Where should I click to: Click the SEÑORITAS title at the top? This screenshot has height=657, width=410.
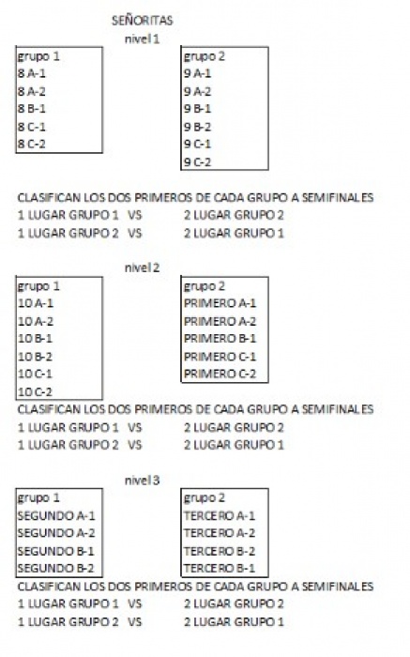click(143, 21)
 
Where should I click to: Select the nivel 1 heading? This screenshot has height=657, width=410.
click(143, 39)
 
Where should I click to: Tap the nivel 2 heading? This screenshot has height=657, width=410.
click(143, 267)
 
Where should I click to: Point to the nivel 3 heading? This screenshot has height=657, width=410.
click(143, 481)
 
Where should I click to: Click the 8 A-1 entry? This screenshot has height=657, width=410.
click(32, 74)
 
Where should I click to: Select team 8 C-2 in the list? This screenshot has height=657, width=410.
click(32, 145)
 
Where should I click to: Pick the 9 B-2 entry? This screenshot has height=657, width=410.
click(198, 127)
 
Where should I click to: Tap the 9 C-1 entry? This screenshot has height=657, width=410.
click(198, 145)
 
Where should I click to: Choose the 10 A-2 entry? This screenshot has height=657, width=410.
click(36, 321)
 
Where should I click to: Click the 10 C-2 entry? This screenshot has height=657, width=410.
click(35, 392)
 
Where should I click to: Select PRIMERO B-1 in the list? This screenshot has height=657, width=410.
click(220, 339)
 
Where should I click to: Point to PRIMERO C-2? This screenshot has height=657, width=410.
click(220, 374)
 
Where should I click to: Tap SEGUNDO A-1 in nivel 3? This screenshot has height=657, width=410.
click(56, 516)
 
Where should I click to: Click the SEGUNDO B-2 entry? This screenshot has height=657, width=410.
click(56, 569)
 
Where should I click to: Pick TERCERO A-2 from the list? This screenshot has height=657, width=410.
click(220, 533)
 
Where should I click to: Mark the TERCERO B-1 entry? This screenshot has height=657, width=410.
click(220, 569)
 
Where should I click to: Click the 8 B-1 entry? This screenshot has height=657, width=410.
click(32, 109)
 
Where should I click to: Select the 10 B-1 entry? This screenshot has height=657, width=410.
click(35, 339)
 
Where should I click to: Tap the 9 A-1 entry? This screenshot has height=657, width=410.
click(198, 74)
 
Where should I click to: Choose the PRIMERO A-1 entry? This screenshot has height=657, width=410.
click(220, 303)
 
